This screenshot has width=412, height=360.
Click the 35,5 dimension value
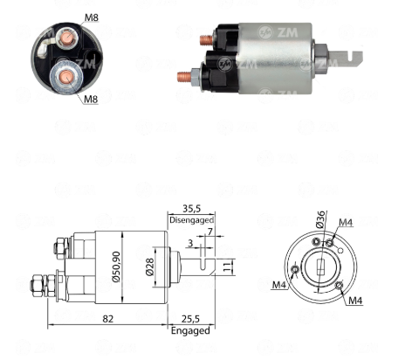(x=192, y=209)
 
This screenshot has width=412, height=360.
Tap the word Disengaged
(x=191, y=220)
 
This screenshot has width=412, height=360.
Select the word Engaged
(x=190, y=331)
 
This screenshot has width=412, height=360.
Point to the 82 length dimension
(x=107, y=319)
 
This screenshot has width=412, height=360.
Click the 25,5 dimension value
(x=190, y=319)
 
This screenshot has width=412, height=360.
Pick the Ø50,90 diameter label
(x=116, y=267)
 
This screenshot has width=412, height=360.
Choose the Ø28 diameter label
(x=149, y=267)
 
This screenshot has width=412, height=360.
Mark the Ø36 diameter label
(x=319, y=219)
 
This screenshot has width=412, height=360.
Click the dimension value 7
(x=209, y=232)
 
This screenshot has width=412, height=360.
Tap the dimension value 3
(x=190, y=243)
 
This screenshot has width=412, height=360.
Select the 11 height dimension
(x=228, y=267)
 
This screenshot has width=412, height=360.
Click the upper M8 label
(x=92, y=17)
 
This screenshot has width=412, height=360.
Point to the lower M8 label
(x=91, y=100)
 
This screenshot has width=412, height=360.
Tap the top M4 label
(x=346, y=223)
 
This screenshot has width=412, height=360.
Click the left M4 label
(x=279, y=285)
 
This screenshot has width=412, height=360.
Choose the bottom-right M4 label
(x=355, y=300)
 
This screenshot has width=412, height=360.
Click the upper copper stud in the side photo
(x=206, y=40)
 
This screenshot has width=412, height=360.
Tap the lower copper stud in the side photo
(x=184, y=77)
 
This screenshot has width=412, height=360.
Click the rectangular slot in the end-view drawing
(x=320, y=267)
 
